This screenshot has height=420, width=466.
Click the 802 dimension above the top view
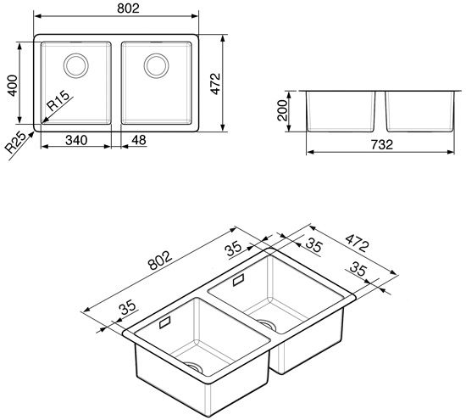128,8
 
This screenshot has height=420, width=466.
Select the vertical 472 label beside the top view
215,84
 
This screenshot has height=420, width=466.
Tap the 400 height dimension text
13,86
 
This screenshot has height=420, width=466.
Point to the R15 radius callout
58,100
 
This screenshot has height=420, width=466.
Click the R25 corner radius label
16,143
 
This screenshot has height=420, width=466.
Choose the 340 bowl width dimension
76,140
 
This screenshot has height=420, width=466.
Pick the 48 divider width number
139,140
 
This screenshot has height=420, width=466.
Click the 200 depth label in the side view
282,110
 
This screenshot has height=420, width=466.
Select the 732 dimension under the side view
382,144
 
